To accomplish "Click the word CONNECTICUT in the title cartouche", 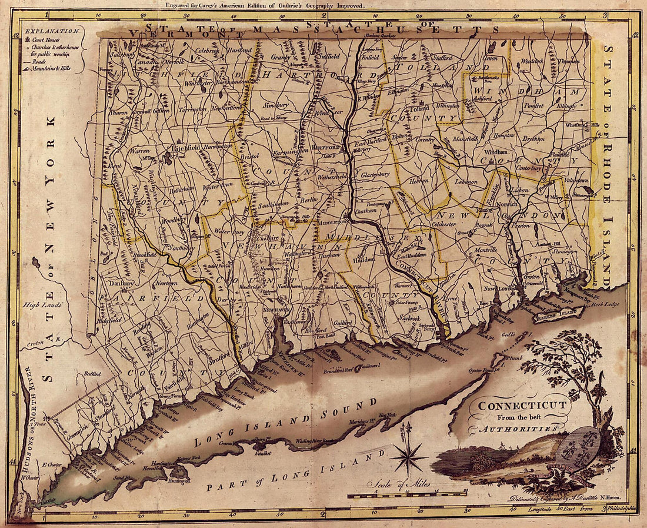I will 523,405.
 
